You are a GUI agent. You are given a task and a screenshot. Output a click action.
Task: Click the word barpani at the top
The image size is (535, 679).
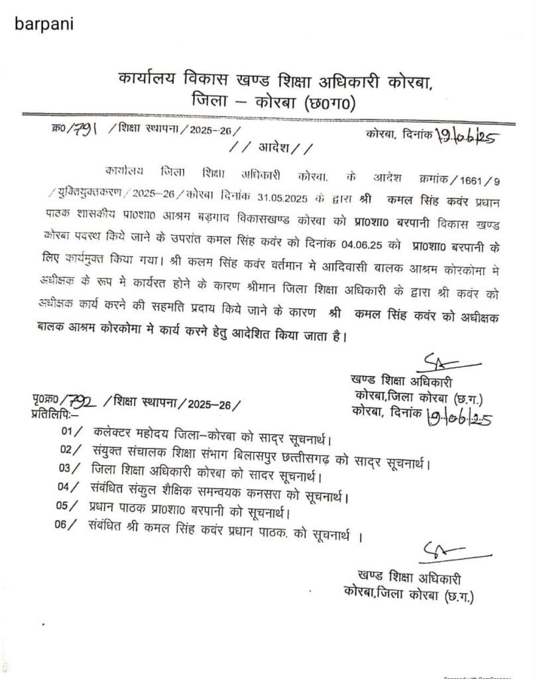coord(44,24)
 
